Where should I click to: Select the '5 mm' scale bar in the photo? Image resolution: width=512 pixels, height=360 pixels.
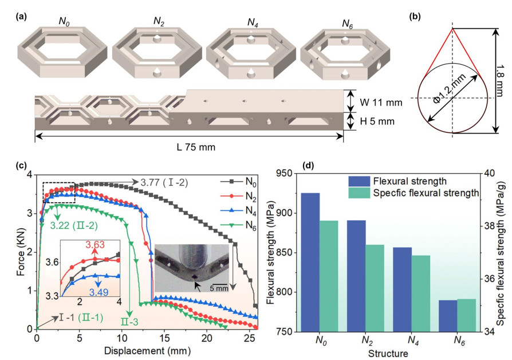tap(218, 288)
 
